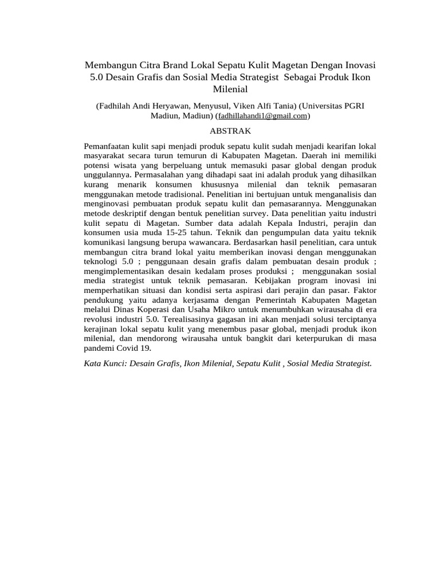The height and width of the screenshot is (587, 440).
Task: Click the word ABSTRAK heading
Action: coord(219,130)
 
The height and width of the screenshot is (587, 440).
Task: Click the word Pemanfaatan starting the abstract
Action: coord(108,146)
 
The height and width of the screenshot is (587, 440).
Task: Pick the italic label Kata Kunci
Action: coord(104,363)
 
